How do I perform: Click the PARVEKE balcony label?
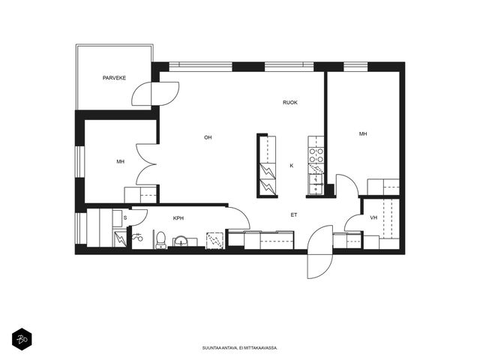[x=114, y=78]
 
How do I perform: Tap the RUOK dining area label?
[x=290, y=103]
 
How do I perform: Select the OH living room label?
[x=208, y=138]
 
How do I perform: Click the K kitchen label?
[x=292, y=166]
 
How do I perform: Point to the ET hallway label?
[x=294, y=215]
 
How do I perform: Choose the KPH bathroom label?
[x=178, y=218]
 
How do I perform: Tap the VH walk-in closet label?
[x=373, y=217]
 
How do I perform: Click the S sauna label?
[x=125, y=218]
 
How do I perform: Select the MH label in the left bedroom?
[x=120, y=161]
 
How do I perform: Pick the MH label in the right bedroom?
[x=363, y=133]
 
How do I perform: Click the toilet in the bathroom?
[x=160, y=240]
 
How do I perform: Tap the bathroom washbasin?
[x=181, y=241]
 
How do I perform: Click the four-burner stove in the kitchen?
[x=316, y=155]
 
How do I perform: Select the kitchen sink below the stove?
[x=316, y=184]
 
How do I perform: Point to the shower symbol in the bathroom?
[x=137, y=237]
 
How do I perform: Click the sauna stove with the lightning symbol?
[x=120, y=238]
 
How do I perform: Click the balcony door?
[x=155, y=94]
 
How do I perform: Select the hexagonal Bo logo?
[x=22, y=339]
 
